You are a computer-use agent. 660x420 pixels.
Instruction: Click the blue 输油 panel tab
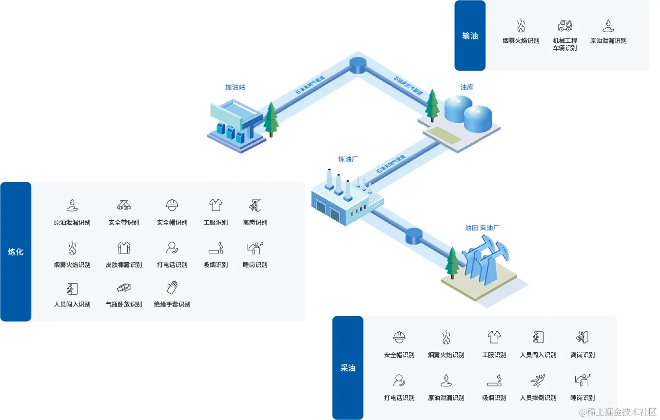pos(470,36)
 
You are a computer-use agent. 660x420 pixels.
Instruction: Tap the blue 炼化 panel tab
pos(16,252)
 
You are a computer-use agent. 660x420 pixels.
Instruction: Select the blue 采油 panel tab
pos(348,368)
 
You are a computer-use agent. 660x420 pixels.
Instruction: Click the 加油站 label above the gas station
pos(235,87)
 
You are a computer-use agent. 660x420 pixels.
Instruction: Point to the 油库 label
pos(467,87)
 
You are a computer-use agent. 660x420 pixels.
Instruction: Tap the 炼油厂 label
pos(349,159)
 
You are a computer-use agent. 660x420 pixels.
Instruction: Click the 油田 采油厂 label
pos(482,228)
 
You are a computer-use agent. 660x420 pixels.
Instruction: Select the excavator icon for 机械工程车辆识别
pos(565,25)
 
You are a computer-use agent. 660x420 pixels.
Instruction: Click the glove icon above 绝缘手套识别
pos(172,287)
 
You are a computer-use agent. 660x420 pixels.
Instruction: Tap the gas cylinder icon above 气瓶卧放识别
pos(124,287)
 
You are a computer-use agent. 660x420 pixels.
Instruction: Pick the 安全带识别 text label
pos(124,223)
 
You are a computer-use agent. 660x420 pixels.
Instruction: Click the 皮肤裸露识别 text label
pos(124,265)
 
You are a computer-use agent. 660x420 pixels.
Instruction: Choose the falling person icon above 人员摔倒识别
pos(538,380)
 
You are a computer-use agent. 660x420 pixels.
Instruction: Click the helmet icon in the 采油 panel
pos(399,337)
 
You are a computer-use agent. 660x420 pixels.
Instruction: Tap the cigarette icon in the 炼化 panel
pos(215,248)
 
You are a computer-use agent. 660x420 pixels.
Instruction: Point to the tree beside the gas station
pos(271,119)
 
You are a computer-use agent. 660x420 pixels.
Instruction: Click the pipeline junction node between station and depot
pos(359,65)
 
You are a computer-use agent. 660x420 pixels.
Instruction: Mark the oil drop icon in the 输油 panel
pos(608,25)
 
